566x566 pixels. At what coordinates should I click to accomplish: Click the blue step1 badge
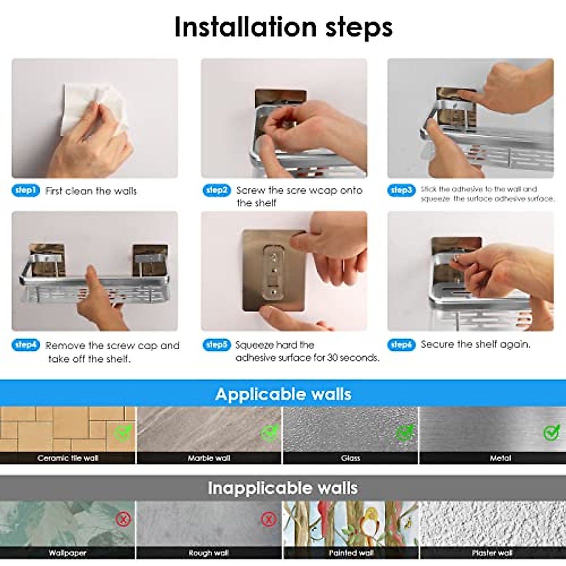pyautogui.click(x=25, y=191)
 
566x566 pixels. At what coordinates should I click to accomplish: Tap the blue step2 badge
pyautogui.click(x=217, y=191)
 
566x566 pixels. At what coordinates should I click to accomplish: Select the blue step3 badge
pyautogui.click(x=401, y=191)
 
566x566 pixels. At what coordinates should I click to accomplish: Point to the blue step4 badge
pyautogui.click(x=25, y=344)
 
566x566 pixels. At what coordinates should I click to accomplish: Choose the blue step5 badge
pyautogui.click(x=217, y=344)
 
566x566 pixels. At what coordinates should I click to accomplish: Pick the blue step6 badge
pyautogui.click(x=401, y=344)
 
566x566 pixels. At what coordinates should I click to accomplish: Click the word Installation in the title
pyautogui.click(x=245, y=27)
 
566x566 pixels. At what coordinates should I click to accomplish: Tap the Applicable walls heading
pyautogui.click(x=283, y=394)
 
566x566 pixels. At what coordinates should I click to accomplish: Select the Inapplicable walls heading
pyautogui.click(x=283, y=488)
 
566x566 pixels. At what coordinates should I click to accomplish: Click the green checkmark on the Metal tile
pyautogui.click(x=551, y=433)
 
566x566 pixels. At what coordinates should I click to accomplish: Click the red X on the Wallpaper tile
pyautogui.click(x=124, y=519)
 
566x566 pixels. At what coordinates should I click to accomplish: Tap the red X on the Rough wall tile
pyautogui.click(x=268, y=519)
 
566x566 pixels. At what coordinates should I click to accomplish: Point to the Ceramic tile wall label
pyautogui.click(x=68, y=458)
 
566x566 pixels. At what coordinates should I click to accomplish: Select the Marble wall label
pyautogui.click(x=209, y=458)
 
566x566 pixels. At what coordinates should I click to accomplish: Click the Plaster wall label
pyautogui.click(x=492, y=553)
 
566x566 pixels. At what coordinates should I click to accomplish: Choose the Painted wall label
pyautogui.click(x=351, y=553)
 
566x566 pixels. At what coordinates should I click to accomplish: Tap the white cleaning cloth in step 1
pyautogui.click(x=93, y=110)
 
